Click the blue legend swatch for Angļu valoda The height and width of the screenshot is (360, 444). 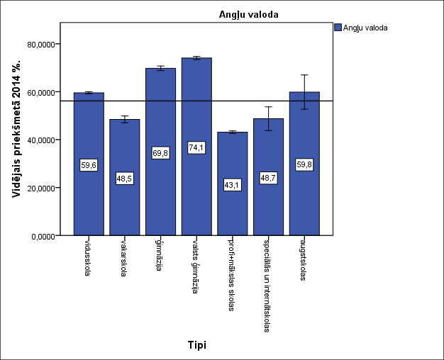click(x=338, y=28)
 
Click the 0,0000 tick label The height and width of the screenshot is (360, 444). click(x=43, y=235)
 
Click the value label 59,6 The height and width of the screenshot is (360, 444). click(x=89, y=165)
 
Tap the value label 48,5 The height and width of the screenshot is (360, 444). click(x=124, y=179)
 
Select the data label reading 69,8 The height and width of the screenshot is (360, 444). click(x=160, y=153)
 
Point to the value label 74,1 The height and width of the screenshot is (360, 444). click(x=196, y=148)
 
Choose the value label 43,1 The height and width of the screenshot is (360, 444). click(x=233, y=185)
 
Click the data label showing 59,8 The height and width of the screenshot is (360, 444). click(x=304, y=165)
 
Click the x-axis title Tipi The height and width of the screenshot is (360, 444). click(x=196, y=345)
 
